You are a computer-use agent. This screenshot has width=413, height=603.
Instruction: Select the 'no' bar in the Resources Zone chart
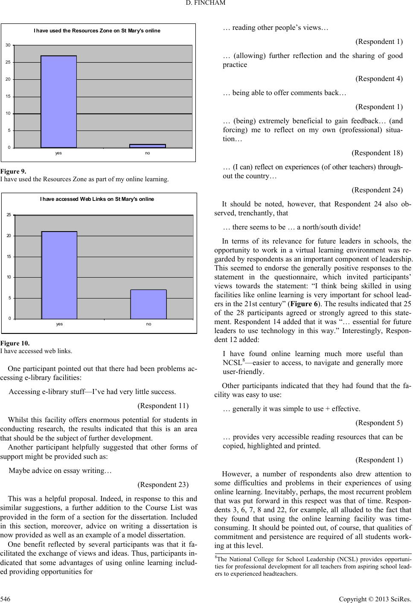pyautogui.click(x=148, y=146)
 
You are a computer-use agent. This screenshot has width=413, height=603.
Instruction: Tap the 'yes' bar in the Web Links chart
pyautogui.click(x=59, y=275)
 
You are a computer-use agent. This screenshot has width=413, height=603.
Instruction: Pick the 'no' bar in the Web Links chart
pyautogui.click(x=148, y=304)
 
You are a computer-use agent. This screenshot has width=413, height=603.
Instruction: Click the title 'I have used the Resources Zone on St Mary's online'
pyautogui.click(x=97, y=31)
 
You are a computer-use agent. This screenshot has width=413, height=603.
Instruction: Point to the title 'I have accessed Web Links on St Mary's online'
pyautogui.click(x=97, y=199)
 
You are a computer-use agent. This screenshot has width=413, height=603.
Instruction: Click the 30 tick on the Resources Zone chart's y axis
pyautogui.click(x=8, y=45)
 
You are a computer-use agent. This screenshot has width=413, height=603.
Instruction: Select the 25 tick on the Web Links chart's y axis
pyautogui.click(x=9, y=215)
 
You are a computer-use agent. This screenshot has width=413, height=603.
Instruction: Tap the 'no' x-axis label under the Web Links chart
pyautogui.click(x=148, y=324)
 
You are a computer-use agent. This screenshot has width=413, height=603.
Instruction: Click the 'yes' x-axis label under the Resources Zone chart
pyautogui.click(x=58, y=153)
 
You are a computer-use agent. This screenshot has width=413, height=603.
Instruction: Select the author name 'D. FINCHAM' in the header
pyautogui.click(x=206, y=5)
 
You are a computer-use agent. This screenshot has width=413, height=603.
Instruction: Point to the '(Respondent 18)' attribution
pyautogui.click(x=377, y=153)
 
